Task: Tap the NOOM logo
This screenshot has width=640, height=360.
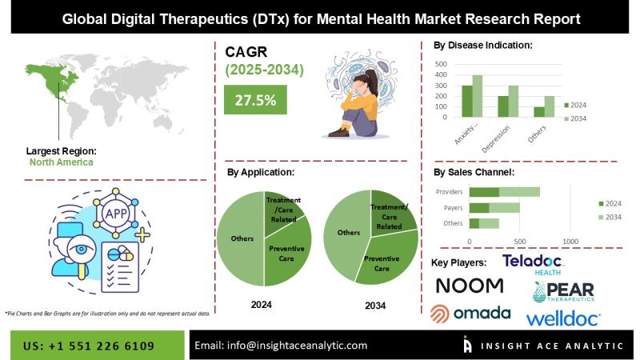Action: (x=470, y=286)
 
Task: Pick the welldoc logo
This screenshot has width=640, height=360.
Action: (x=563, y=319)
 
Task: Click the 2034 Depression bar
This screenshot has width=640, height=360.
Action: (x=514, y=102)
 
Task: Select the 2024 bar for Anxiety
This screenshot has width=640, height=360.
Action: (x=466, y=102)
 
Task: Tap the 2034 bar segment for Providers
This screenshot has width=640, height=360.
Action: (x=519, y=192)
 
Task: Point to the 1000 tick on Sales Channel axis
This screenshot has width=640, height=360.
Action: (x=570, y=241)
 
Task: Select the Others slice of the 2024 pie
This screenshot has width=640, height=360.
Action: (x=242, y=240)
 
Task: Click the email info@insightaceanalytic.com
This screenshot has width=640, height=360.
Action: (x=281, y=346)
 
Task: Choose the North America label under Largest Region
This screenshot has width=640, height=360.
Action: (x=61, y=162)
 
